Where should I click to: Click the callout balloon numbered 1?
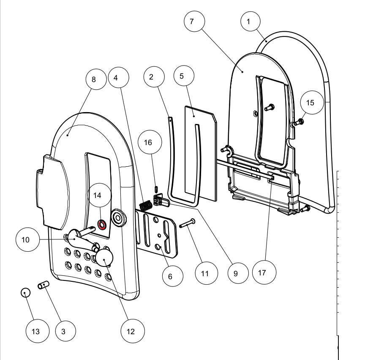(x=251, y=21)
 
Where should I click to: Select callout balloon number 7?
(x=192, y=21)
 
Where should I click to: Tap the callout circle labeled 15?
(x=311, y=102)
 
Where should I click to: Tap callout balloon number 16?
(x=148, y=143)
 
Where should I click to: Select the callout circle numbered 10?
(x=26, y=239)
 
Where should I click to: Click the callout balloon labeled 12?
(x=131, y=331)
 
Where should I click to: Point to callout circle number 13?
(x=36, y=331)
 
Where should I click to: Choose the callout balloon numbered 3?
(x=63, y=331)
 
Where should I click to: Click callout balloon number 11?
(x=205, y=273)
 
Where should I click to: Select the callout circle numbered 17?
(x=262, y=273)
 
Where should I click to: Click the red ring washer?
(x=101, y=224)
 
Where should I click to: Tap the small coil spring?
(x=146, y=205)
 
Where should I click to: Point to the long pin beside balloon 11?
(x=186, y=223)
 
